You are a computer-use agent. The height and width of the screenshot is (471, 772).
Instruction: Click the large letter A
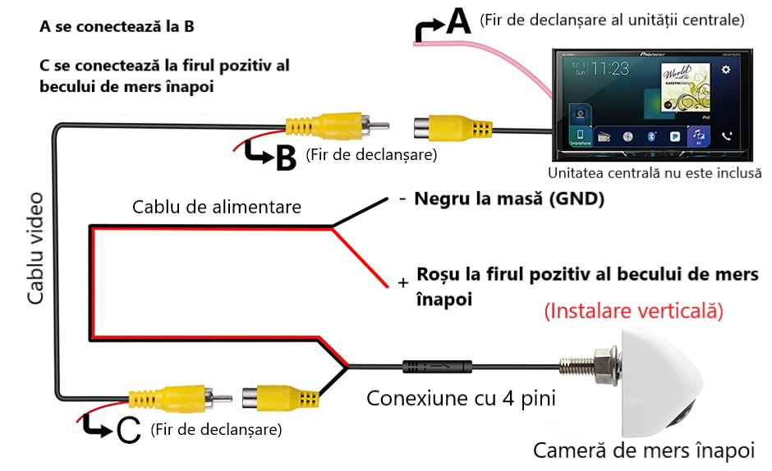tap(457, 22)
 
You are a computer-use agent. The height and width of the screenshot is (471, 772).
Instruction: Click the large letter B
tap(285, 158)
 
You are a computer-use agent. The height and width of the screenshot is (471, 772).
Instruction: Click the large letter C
tap(129, 430)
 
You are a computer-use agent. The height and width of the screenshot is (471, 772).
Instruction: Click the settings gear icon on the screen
tap(725, 71)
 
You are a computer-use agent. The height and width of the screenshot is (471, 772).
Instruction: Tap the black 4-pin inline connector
tap(434, 368)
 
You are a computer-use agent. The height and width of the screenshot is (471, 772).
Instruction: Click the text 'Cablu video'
tap(35, 248)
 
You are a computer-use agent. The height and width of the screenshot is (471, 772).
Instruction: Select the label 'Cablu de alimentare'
tap(217, 208)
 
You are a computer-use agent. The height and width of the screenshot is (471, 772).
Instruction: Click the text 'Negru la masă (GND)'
tap(509, 199)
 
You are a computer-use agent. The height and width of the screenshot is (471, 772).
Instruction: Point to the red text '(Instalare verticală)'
tap(633, 312)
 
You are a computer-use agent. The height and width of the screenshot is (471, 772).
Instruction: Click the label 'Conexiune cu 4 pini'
tap(461, 399)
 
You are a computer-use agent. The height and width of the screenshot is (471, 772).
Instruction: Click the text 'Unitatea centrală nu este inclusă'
tap(655, 173)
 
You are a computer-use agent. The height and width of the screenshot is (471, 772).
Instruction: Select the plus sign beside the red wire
tap(402, 282)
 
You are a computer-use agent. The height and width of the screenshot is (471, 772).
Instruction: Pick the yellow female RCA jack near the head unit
tap(452, 130)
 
